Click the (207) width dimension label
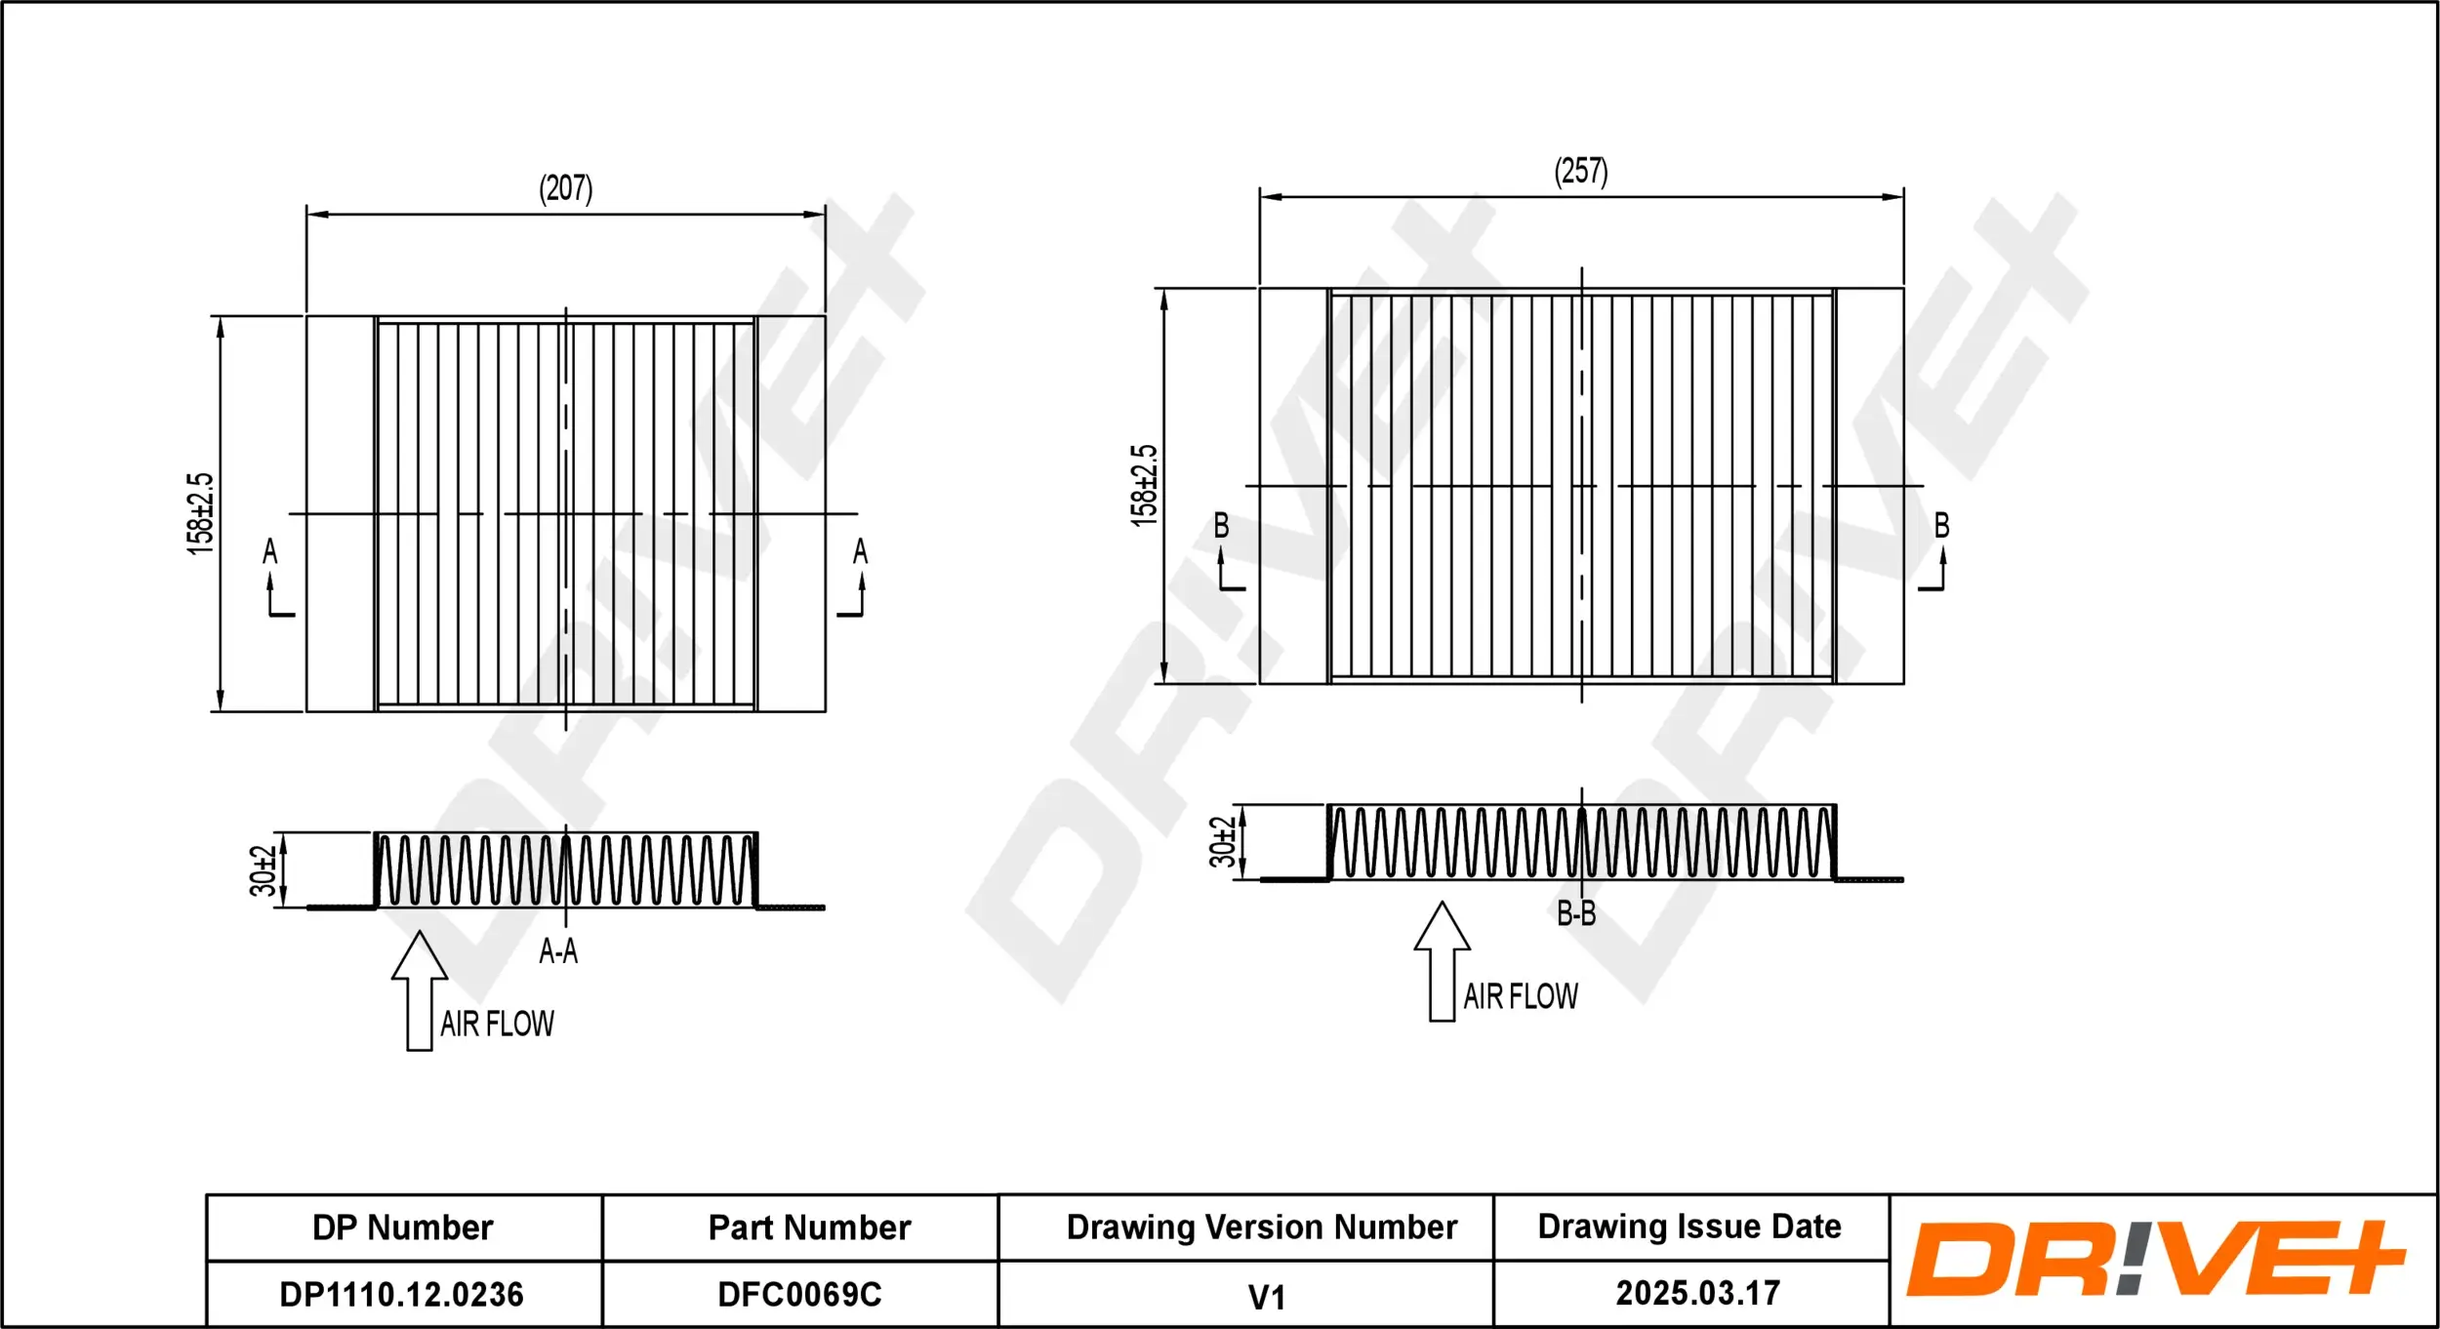pos(566,188)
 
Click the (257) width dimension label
pos(1580,172)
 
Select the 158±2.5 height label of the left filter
pos(200,513)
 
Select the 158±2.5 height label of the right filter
pos(1144,486)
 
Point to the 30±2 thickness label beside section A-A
pos(263,870)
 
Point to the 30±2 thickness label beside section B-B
pos(1222,842)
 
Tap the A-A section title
pos(558,950)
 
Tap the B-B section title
pos(1576,913)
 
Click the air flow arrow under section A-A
pos(420,990)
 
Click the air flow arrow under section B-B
pos(1442,961)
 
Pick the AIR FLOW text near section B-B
pos(1521,996)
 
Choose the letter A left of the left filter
pos(270,552)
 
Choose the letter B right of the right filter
pos(1942,526)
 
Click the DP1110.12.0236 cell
pos(402,1294)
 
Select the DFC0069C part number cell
pos(799,1294)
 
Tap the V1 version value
pos(1266,1297)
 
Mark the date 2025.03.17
pos(1697,1293)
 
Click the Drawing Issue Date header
pos(1689,1227)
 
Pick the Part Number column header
pos(809,1228)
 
